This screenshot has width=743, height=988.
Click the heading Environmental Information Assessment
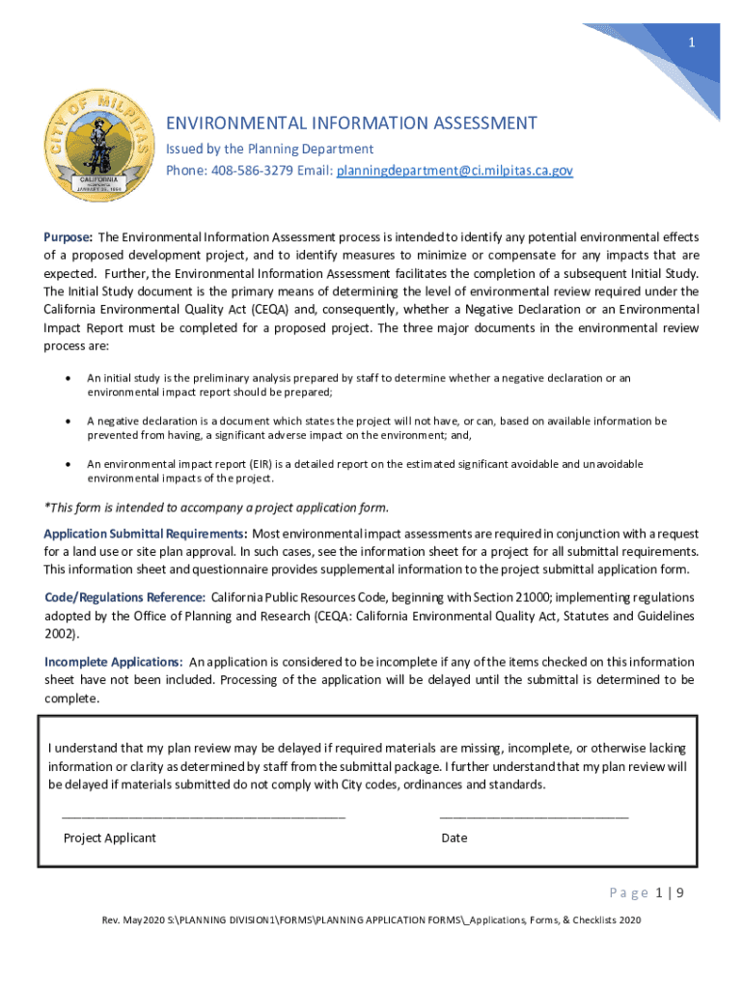[x=351, y=123]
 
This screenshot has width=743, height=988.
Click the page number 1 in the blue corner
[x=691, y=43]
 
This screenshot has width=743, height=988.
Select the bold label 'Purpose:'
[x=69, y=237]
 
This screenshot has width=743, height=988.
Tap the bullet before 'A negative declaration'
[x=67, y=422]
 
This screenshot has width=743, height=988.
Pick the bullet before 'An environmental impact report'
[x=67, y=464]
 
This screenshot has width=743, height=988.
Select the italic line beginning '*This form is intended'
[x=217, y=508]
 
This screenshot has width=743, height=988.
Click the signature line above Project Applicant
[x=203, y=816]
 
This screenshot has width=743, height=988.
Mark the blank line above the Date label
[x=534, y=816]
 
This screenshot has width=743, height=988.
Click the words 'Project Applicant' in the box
[x=109, y=837]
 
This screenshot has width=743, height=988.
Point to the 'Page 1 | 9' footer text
[x=647, y=892]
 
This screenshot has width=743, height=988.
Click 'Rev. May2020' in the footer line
[x=135, y=920]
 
